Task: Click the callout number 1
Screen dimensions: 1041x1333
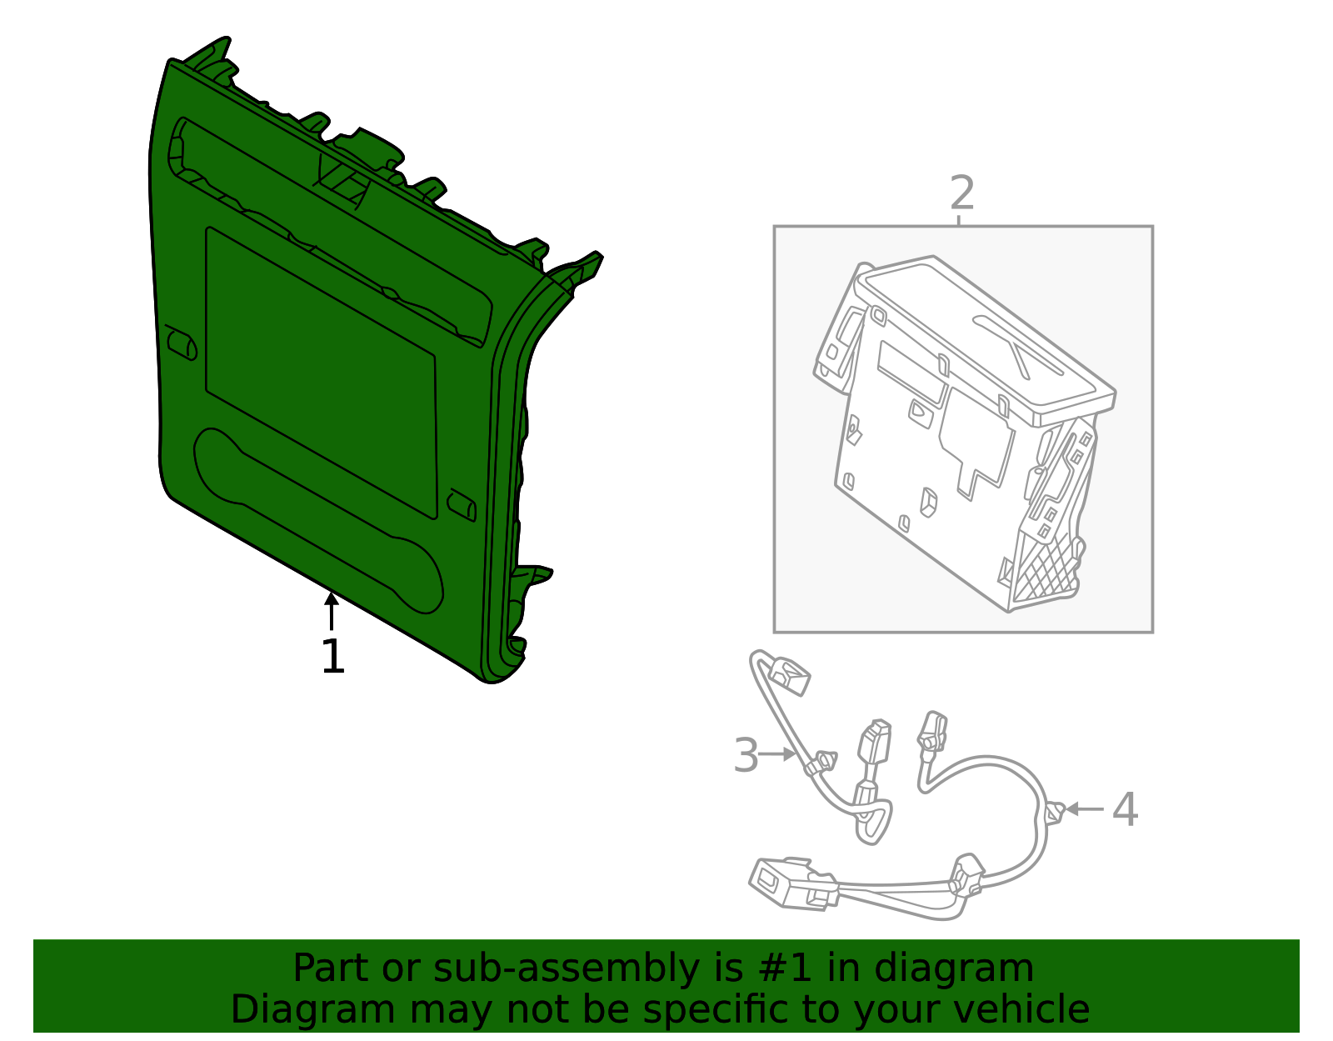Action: (332, 657)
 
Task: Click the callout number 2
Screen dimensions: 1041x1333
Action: (961, 193)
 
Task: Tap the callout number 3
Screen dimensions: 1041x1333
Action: (746, 755)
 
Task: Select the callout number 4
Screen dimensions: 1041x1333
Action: (1125, 809)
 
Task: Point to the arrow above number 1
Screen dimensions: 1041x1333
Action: (332, 609)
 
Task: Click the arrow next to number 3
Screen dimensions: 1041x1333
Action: (779, 753)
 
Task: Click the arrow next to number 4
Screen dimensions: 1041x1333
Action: (1084, 808)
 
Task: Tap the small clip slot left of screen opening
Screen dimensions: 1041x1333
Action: (181, 342)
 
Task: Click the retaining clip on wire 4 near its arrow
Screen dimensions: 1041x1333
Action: (1055, 811)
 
